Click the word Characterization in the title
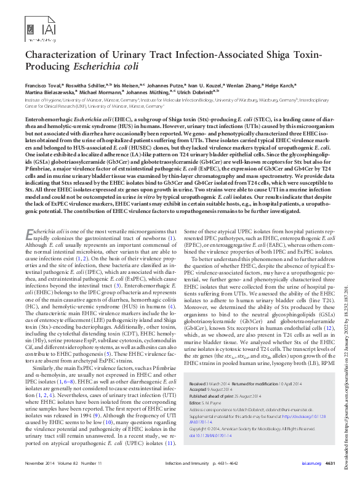tap(64, 54)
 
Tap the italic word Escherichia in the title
tap(97, 67)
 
